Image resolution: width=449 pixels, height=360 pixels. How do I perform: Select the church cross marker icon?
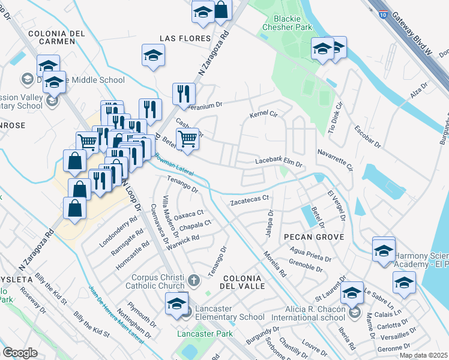pos(193,280)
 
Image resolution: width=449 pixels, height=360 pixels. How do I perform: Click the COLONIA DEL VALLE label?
pos(243,282)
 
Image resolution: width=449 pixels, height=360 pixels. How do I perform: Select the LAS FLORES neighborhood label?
pos(185,38)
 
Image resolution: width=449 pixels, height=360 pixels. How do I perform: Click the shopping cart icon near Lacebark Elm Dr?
pos(188,139)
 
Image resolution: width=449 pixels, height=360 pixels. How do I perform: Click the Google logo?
pos(19,353)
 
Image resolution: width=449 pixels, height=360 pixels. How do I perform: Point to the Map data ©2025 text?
pos(423,355)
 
